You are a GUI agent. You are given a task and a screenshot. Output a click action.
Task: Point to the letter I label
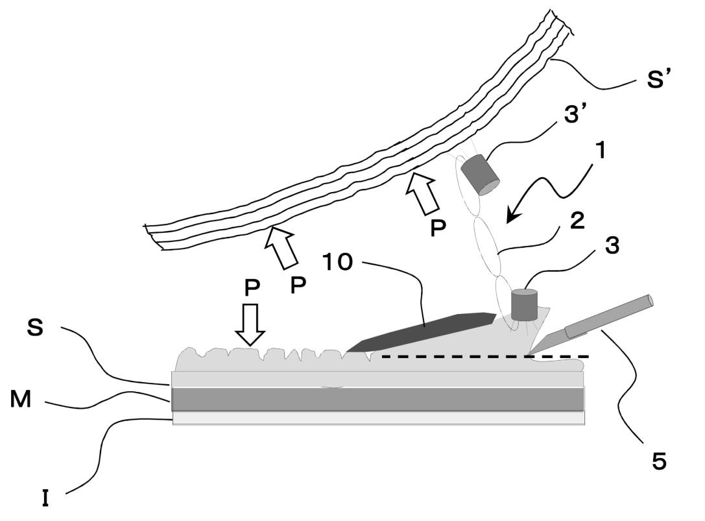click(x=45, y=499)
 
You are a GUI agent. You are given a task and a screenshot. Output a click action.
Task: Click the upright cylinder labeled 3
click(x=525, y=305)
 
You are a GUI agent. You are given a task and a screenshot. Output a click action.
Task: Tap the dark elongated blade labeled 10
click(x=422, y=331)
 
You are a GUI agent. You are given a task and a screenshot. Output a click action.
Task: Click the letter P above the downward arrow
click(x=253, y=289)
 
